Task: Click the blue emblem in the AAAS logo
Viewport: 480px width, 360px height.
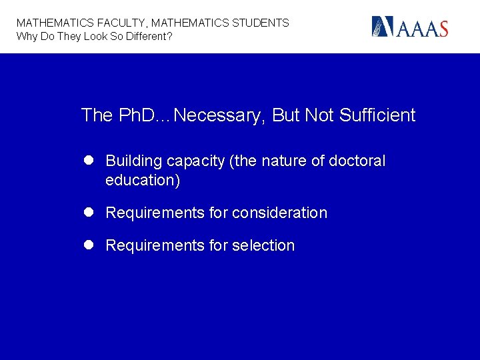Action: (x=383, y=27)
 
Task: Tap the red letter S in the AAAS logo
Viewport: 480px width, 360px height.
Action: (x=441, y=29)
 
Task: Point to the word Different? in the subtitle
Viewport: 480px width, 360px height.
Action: (x=146, y=36)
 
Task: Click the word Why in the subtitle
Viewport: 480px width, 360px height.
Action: (x=27, y=36)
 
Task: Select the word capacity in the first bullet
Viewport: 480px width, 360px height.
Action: (x=195, y=161)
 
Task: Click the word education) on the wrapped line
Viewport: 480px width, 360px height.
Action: (x=143, y=180)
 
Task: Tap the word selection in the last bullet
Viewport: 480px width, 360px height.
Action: (x=263, y=245)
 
